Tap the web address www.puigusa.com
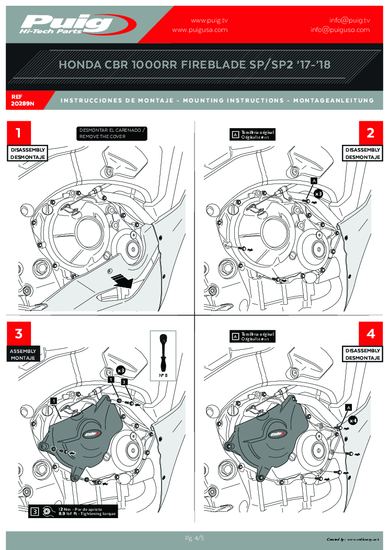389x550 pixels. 200,30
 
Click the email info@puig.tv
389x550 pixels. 349,20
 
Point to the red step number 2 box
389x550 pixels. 371,133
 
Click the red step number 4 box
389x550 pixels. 371,333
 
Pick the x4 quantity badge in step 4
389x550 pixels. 353,419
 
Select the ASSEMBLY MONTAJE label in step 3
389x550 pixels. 23,354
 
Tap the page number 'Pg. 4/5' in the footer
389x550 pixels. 194,538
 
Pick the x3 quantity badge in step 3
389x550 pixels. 120,370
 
